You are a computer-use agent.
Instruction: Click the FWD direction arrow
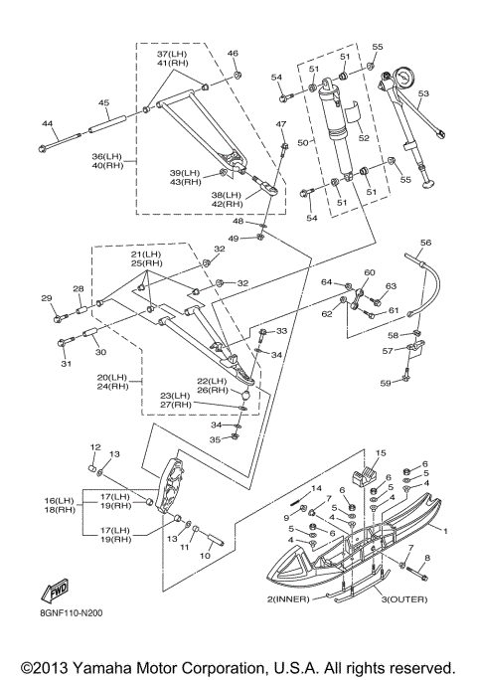coord(55,591)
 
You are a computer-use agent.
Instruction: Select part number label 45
coord(103,102)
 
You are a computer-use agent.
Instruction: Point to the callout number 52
coord(364,137)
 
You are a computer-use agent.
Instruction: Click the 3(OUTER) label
coord(404,599)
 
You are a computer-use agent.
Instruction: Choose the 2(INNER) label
coord(288,599)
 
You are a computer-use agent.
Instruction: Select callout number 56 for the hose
coord(426,243)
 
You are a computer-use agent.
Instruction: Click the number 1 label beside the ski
coord(445,531)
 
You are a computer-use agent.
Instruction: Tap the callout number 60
coord(369,272)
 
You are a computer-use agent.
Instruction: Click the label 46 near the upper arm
coord(233,54)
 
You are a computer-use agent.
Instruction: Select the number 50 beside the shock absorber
coord(303,142)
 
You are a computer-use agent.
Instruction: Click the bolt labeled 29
coord(61,318)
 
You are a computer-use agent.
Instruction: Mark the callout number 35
coord(215,439)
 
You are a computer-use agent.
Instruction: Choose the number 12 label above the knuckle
coord(95,447)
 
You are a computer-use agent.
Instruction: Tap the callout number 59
coord(386,383)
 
